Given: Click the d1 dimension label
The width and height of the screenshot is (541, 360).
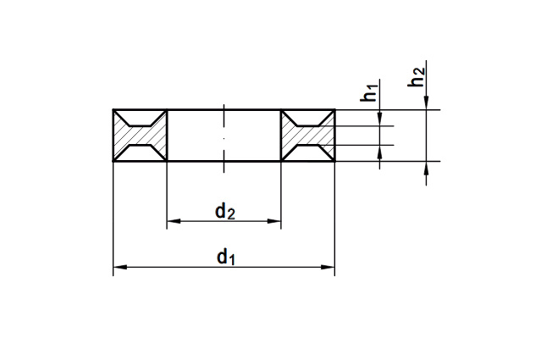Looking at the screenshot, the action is [x=226, y=258].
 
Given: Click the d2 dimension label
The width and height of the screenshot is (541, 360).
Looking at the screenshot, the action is [x=225, y=211].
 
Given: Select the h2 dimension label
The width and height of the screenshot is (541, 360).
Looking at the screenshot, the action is [x=416, y=76].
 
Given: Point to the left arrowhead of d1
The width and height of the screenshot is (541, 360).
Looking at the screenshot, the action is [x=120, y=267].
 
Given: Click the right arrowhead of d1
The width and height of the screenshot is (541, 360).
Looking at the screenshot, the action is [x=328, y=267].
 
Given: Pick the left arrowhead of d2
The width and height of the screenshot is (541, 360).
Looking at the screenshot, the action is [x=174, y=221].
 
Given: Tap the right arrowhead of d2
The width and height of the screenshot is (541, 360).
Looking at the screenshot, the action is [x=274, y=221].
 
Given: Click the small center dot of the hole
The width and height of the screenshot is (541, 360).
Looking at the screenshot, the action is [x=224, y=138].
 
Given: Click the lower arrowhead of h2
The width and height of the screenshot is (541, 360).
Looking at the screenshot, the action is [x=427, y=169].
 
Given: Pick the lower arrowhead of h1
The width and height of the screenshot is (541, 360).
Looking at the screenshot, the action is [x=380, y=152].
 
